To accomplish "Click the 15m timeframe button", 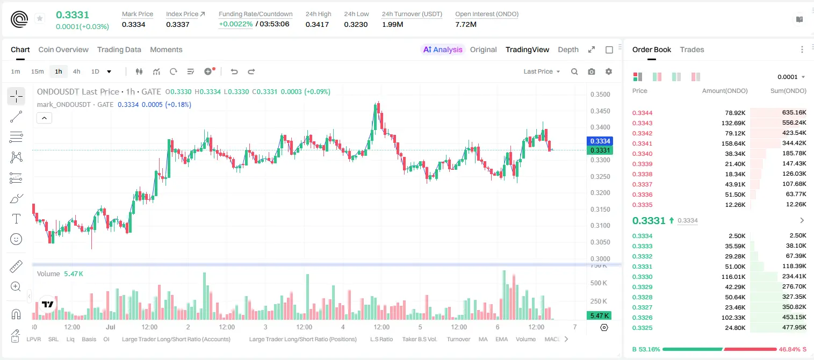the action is (38, 71).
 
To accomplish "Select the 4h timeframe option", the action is (76, 71).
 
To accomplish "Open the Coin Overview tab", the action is (63, 49).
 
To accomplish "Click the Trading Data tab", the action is (119, 49).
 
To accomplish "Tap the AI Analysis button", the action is (443, 49).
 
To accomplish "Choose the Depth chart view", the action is (568, 49).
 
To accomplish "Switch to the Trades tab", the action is (692, 49).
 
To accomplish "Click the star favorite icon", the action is (40, 18).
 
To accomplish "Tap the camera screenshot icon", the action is (592, 71).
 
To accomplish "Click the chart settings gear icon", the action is (609, 71).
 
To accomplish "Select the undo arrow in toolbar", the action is (234, 71).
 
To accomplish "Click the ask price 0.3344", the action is (642, 113).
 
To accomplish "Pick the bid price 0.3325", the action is (642, 328).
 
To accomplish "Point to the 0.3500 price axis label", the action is (600, 95).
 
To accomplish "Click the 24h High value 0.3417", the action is (317, 24).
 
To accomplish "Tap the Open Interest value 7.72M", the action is (466, 24).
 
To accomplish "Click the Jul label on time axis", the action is (111, 327).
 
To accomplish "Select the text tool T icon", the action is (16, 219).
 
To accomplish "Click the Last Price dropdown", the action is (542, 71).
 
